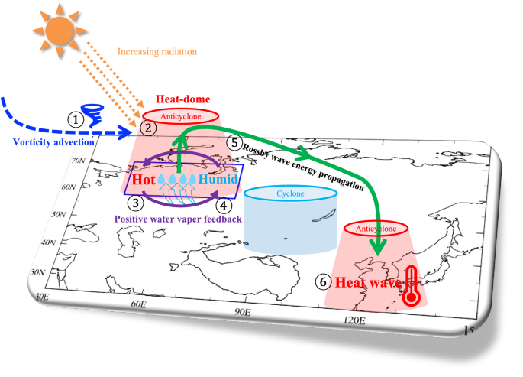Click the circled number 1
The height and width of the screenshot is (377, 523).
74,119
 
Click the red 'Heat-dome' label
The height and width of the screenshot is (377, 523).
178,99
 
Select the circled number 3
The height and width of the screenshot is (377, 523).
135,203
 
